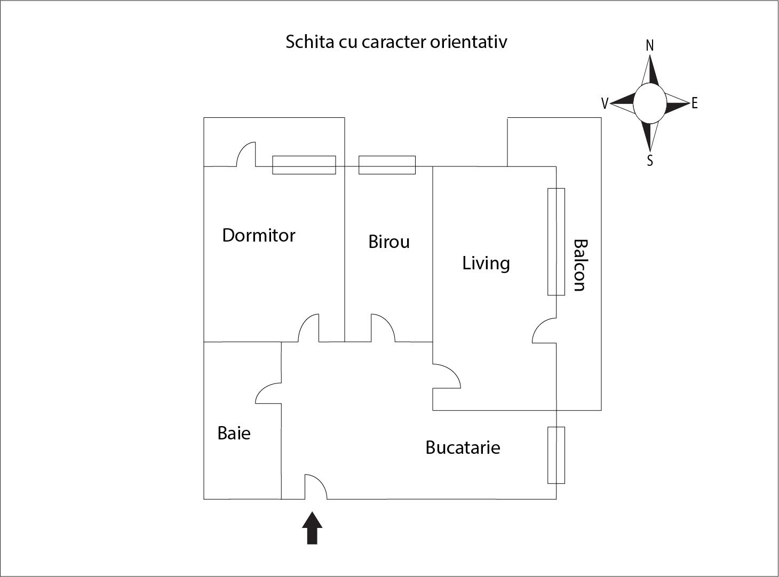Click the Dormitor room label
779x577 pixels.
(259, 235)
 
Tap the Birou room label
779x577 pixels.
(389, 242)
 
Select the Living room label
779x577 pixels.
(486, 263)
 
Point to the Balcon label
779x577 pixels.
(579, 265)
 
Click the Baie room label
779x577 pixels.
(234, 432)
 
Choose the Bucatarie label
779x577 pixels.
(463, 447)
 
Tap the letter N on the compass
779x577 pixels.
(649, 46)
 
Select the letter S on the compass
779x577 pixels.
(650, 160)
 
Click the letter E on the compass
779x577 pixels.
(694, 103)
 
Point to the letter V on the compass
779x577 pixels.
(605, 103)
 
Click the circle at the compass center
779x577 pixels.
(649, 103)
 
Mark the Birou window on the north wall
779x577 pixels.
(387, 165)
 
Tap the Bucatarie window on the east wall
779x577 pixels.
(556, 455)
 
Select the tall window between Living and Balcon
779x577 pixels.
(556, 241)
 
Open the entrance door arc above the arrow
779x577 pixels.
(316, 487)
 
